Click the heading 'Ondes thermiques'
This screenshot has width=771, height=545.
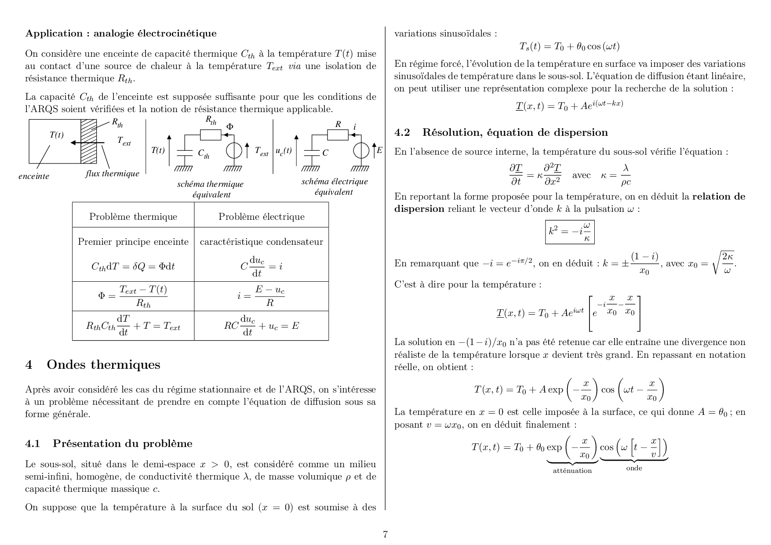coord(103,365)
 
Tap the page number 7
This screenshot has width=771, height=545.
coord(385,534)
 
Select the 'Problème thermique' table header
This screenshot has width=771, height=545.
coord(133,217)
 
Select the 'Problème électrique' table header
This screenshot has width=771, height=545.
coord(262,217)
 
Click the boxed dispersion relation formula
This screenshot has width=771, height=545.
coord(570,232)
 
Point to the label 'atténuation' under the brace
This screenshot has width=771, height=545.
coord(572,471)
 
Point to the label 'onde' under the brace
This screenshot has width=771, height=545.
coord(634,468)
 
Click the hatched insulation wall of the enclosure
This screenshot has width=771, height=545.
coord(88,141)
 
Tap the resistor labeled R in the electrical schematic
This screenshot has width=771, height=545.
coord(338,135)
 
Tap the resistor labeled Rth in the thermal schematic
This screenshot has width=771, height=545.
coord(211,135)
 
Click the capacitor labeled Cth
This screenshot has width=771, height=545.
coord(185,152)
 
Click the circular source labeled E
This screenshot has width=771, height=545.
coord(361,151)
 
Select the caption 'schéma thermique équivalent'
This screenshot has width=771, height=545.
coord(211,189)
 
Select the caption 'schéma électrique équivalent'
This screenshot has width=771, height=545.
coord(334,187)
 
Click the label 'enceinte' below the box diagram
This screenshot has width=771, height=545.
coord(34,176)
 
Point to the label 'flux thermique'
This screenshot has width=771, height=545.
coord(112,174)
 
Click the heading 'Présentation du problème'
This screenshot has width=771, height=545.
coord(122,443)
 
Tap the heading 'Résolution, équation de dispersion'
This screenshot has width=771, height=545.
coord(515,132)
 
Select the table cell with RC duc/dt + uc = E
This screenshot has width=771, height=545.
coord(261,326)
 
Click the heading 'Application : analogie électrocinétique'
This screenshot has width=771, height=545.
coord(121,33)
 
